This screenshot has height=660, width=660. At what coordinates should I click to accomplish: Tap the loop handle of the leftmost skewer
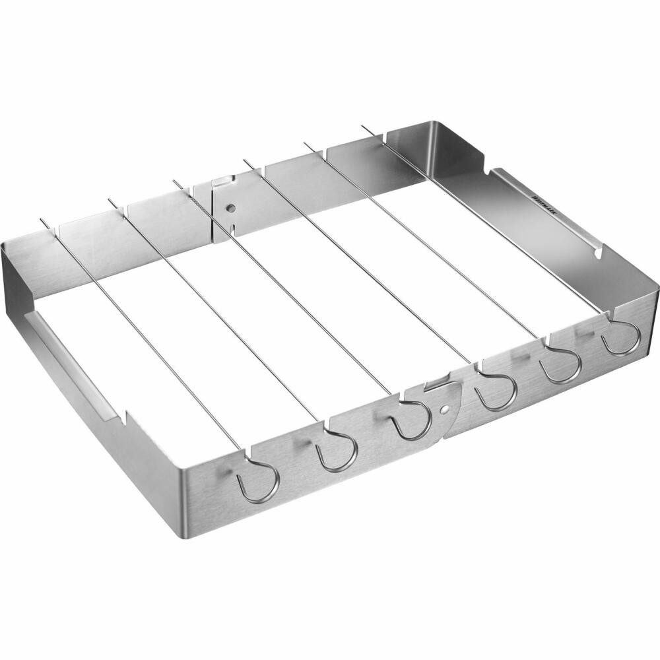click(259, 481)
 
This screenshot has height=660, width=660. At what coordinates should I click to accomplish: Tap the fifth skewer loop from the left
click(562, 365)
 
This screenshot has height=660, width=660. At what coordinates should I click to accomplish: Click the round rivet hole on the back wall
click(230, 208)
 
